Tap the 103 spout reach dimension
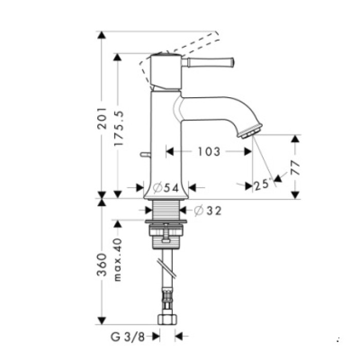pos(209,152)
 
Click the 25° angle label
pos(262,185)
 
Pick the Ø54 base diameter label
pos(166,188)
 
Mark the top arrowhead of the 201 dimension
pos(102,35)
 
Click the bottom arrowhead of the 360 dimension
pos(102,320)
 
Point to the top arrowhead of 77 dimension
pos(295,139)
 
